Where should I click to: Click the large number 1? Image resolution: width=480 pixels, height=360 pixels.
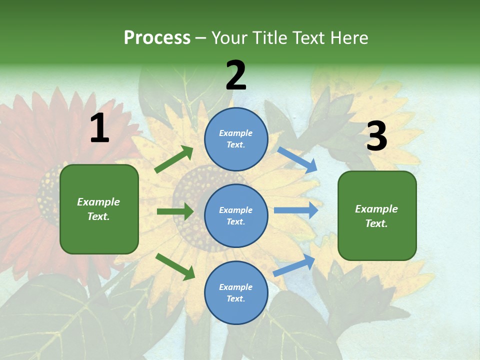(x=99, y=129)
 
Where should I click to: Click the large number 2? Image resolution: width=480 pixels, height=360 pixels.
(x=236, y=76)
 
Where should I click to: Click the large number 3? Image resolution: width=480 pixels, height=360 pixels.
(x=376, y=137)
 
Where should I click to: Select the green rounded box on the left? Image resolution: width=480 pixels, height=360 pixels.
(x=99, y=209)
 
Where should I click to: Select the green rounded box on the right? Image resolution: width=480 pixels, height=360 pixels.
(x=377, y=216)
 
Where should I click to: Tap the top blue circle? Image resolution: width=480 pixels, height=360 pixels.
(x=236, y=139)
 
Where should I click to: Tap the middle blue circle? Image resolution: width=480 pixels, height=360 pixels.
(x=236, y=216)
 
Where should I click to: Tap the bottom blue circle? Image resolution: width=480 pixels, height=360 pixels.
(x=236, y=293)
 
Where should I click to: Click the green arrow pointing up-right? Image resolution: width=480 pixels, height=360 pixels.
(x=174, y=159)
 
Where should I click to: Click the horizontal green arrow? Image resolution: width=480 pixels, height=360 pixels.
(x=175, y=211)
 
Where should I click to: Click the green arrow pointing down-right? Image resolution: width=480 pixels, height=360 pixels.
(x=175, y=266)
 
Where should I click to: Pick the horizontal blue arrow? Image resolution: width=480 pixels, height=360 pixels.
(x=295, y=210)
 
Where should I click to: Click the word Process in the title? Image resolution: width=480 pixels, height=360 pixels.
(x=157, y=37)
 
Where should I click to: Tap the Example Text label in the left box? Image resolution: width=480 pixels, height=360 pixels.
(x=98, y=209)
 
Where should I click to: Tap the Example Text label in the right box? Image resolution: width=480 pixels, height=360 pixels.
(x=376, y=216)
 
